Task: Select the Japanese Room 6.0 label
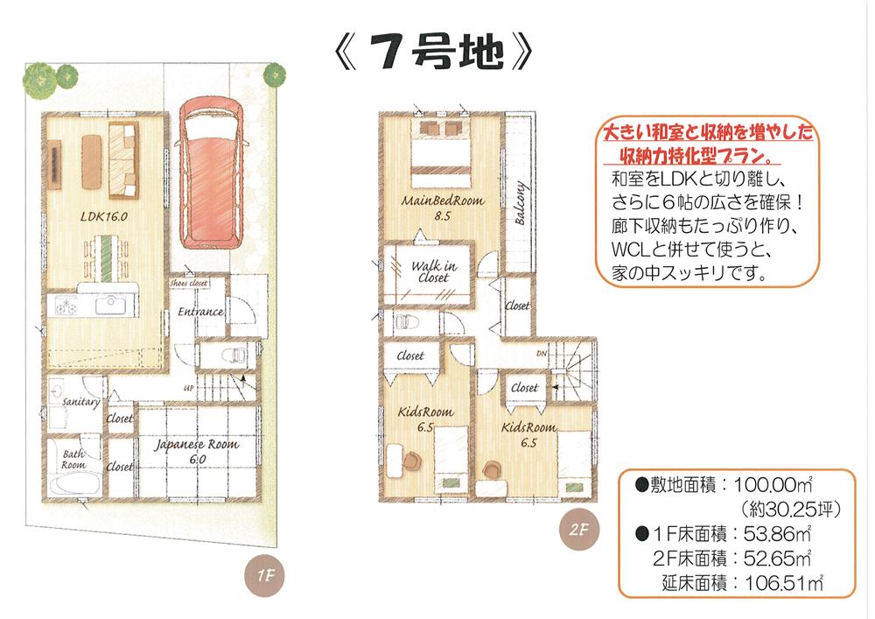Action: [197, 451]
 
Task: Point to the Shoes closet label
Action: [188, 283]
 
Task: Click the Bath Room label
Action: [73, 460]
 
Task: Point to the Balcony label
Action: [521, 204]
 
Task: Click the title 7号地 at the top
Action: [435, 54]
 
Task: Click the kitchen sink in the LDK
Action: [110, 306]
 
